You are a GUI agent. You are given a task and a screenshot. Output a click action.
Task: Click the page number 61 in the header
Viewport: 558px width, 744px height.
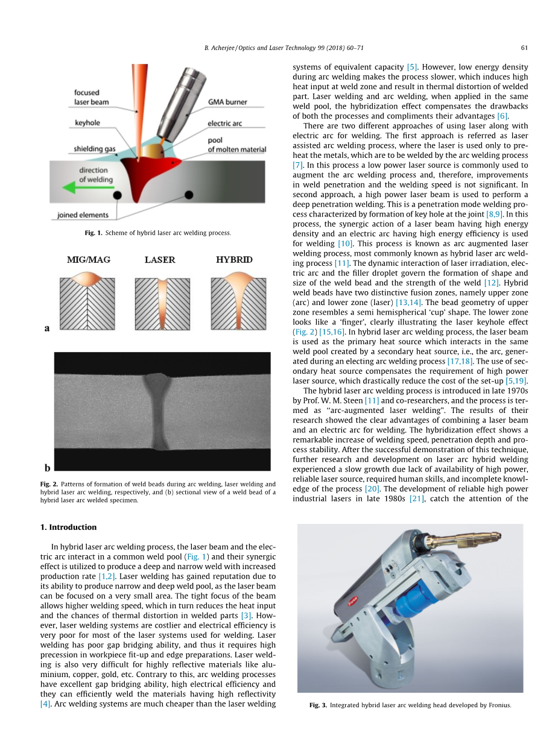pyautogui.click(x=524, y=48)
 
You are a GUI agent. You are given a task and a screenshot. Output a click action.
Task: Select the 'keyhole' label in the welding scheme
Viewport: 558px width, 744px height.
pyautogui.click(x=87, y=123)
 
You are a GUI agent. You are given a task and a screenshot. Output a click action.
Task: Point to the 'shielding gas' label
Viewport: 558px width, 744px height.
pyautogui.click(x=97, y=148)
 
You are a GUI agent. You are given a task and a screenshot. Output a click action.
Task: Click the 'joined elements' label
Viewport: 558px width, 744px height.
pyautogui.click(x=83, y=215)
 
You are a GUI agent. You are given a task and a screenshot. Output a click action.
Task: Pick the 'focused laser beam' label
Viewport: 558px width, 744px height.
pyautogui.click(x=91, y=98)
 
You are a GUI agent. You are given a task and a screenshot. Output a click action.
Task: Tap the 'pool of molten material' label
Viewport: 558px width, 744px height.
pyautogui.click(x=236, y=146)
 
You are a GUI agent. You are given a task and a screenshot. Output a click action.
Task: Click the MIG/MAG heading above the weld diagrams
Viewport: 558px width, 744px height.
pyautogui.click(x=89, y=260)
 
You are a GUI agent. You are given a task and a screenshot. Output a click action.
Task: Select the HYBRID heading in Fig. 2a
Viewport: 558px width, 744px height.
pyautogui.click(x=234, y=260)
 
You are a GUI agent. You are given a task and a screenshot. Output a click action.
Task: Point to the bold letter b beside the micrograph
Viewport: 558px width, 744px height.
pyautogui.click(x=47, y=467)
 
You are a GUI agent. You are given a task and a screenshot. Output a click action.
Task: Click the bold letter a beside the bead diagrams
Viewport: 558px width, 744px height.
pyautogui.click(x=47, y=328)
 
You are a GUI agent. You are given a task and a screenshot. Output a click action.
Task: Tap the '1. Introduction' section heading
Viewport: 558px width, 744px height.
pyautogui.click(x=68, y=527)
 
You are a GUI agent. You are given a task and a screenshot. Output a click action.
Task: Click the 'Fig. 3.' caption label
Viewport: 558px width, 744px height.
pyautogui.click(x=318, y=705)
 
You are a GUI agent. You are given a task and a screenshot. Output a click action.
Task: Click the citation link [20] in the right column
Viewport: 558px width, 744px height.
pyautogui.click(x=372, y=488)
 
